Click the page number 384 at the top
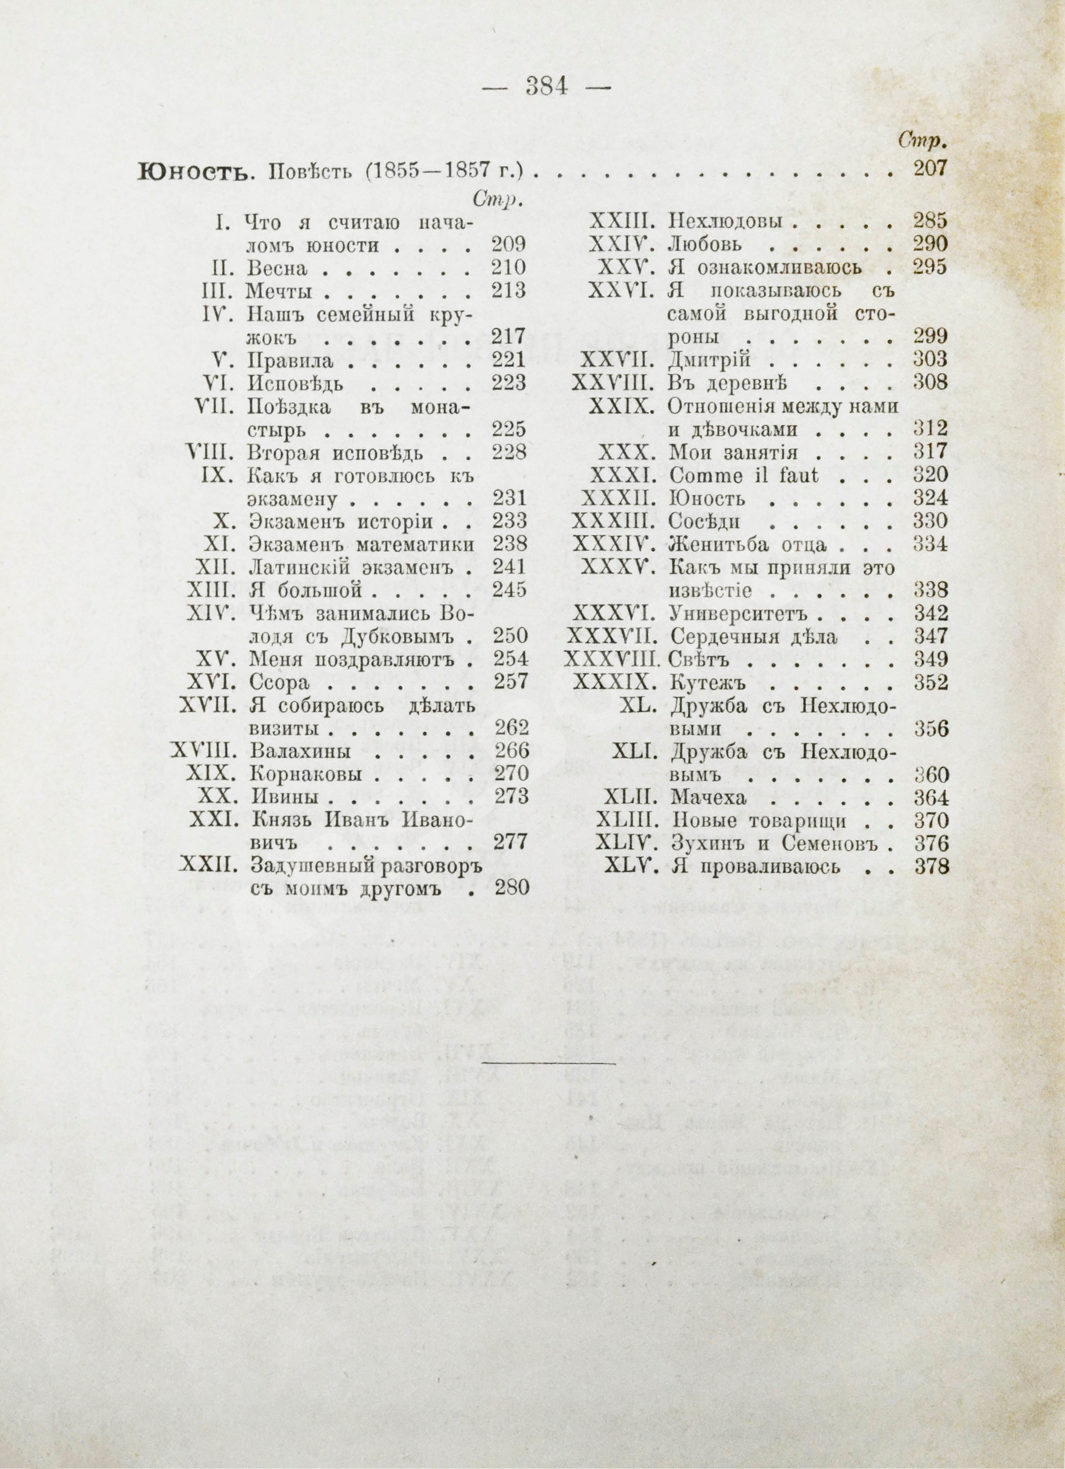(547, 86)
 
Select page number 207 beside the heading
(930, 168)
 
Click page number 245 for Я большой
(509, 590)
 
